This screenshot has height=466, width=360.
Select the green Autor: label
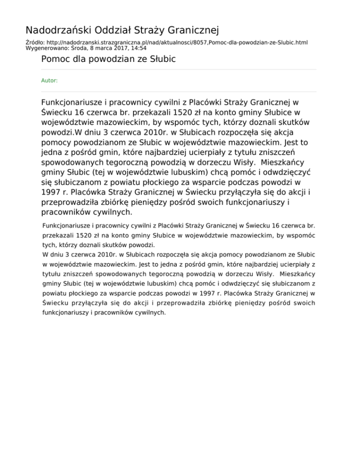(x=50, y=81)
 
